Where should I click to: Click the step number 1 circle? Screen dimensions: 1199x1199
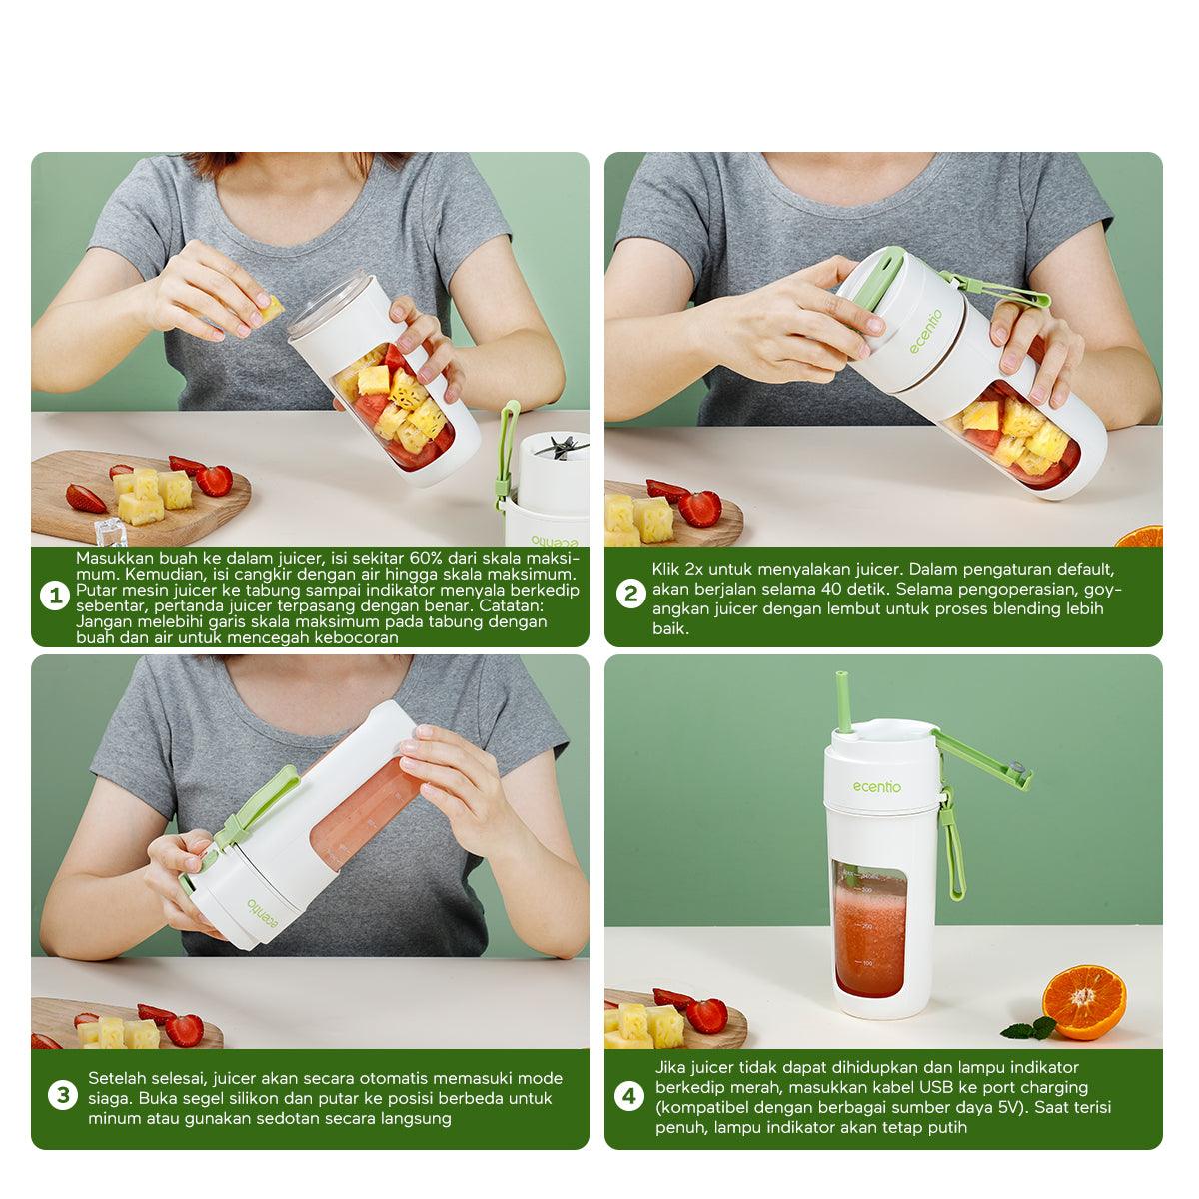coord(55,597)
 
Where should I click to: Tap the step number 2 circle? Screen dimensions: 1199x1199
coord(630,596)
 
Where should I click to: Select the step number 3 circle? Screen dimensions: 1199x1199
coord(63,1095)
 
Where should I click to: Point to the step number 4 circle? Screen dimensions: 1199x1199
coord(629,1096)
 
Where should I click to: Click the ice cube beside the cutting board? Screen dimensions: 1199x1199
coord(111,531)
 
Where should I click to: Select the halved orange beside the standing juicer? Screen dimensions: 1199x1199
coord(1084,1002)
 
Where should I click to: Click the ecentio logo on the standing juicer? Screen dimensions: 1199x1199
coord(876,787)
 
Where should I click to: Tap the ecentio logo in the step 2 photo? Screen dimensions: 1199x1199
coord(926,332)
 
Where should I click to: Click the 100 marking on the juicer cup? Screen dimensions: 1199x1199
coord(867,964)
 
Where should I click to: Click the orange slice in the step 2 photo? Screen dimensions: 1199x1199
coord(1140,536)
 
